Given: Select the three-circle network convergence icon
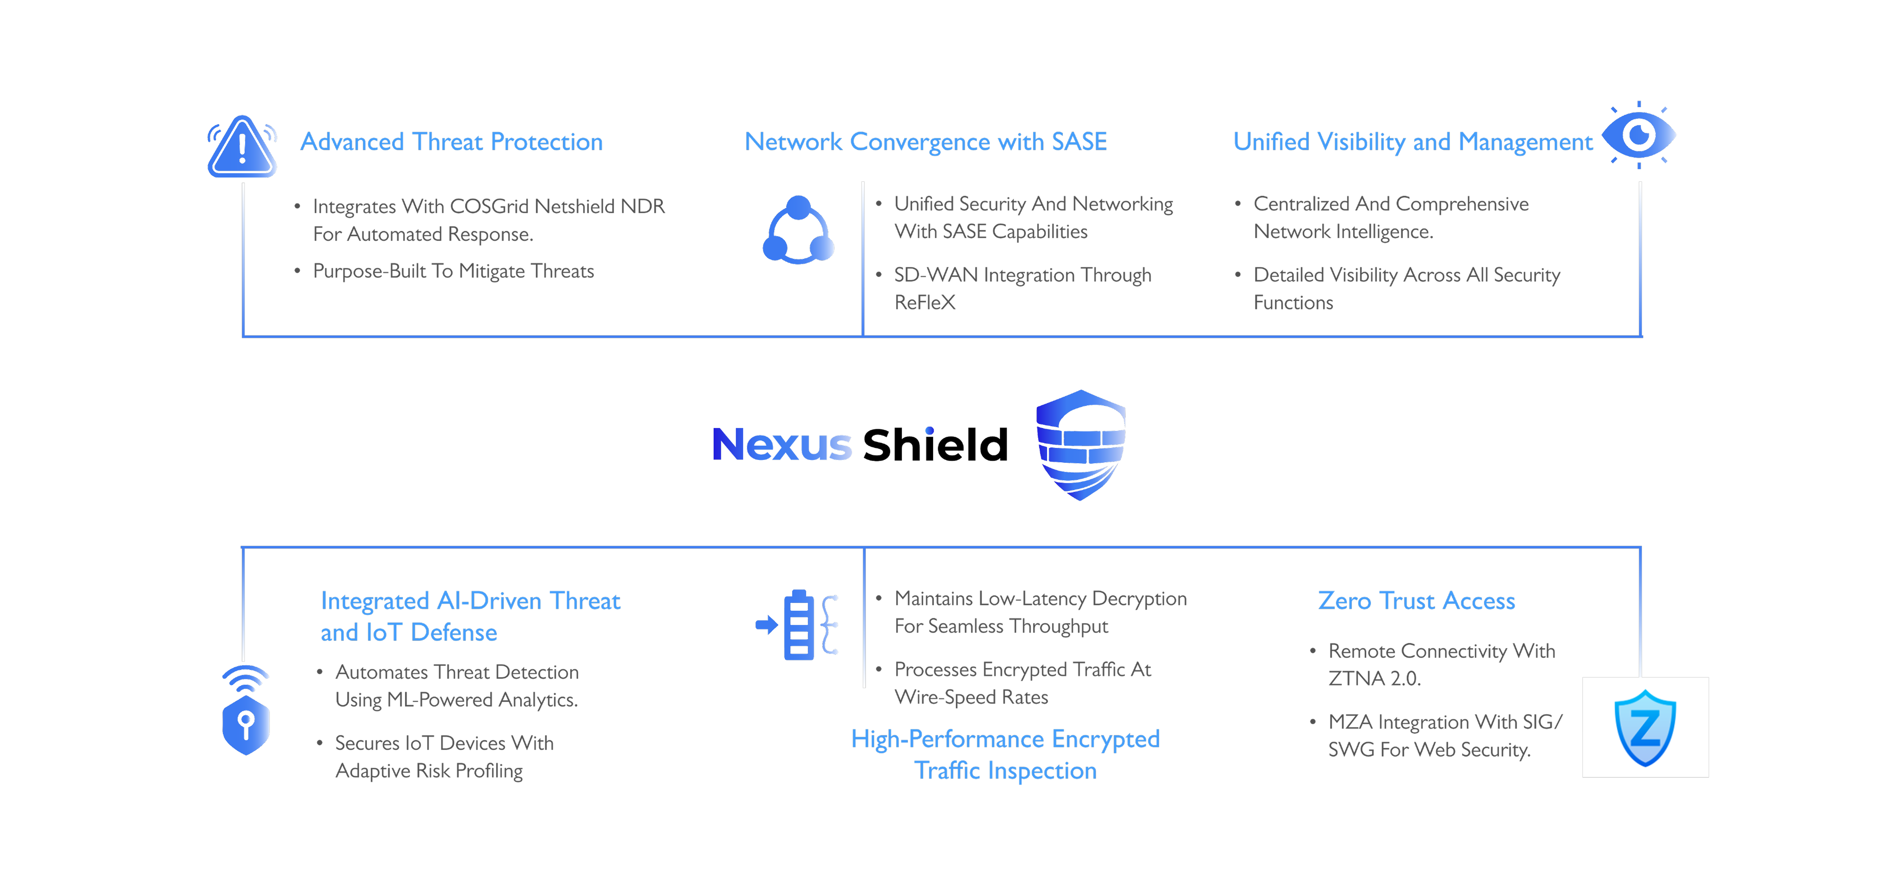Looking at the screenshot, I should coord(798,230).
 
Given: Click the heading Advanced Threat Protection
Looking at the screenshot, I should coord(451,142).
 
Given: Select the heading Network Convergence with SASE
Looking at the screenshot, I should coord(925,142).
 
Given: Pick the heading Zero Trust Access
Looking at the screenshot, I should coord(1416,601).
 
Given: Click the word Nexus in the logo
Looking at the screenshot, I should coord(782,445).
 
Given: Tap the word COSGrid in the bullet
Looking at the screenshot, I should coord(489,207).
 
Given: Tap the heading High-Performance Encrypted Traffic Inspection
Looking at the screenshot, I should coord(1005,755).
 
